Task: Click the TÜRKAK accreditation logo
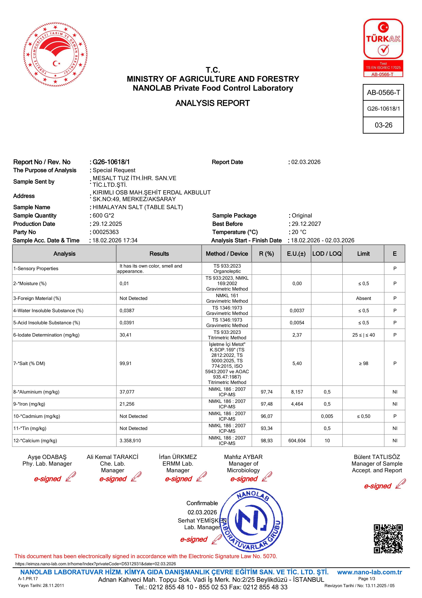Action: pyautogui.click(x=383, y=48)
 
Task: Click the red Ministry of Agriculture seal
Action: pyautogui.click(x=55, y=55)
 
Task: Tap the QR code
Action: pyautogui.click(x=388, y=539)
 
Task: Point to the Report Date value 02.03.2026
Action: pyautogui.click(x=306, y=162)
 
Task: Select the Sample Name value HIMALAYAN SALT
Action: pyautogui.click(x=138, y=207)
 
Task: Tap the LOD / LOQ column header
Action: pyautogui.click(x=327, y=254)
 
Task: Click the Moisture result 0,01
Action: pyautogui.click(x=124, y=284)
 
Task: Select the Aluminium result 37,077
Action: pyautogui.click(x=127, y=392)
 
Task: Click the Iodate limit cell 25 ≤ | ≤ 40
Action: pyautogui.click(x=363, y=335)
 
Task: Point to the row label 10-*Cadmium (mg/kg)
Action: pyautogui.click(x=37, y=416)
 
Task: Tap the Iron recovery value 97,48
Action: pyautogui.click(x=266, y=404)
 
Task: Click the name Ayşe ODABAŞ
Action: pyautogui.click(x=47, y=457)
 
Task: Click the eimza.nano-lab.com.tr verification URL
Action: pyautogui.click(x=95, y=564)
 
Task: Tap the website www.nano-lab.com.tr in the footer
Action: pyautogui.click(x=369, y=572)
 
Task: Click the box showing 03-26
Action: pyautogui.click(x=383, y=125)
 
